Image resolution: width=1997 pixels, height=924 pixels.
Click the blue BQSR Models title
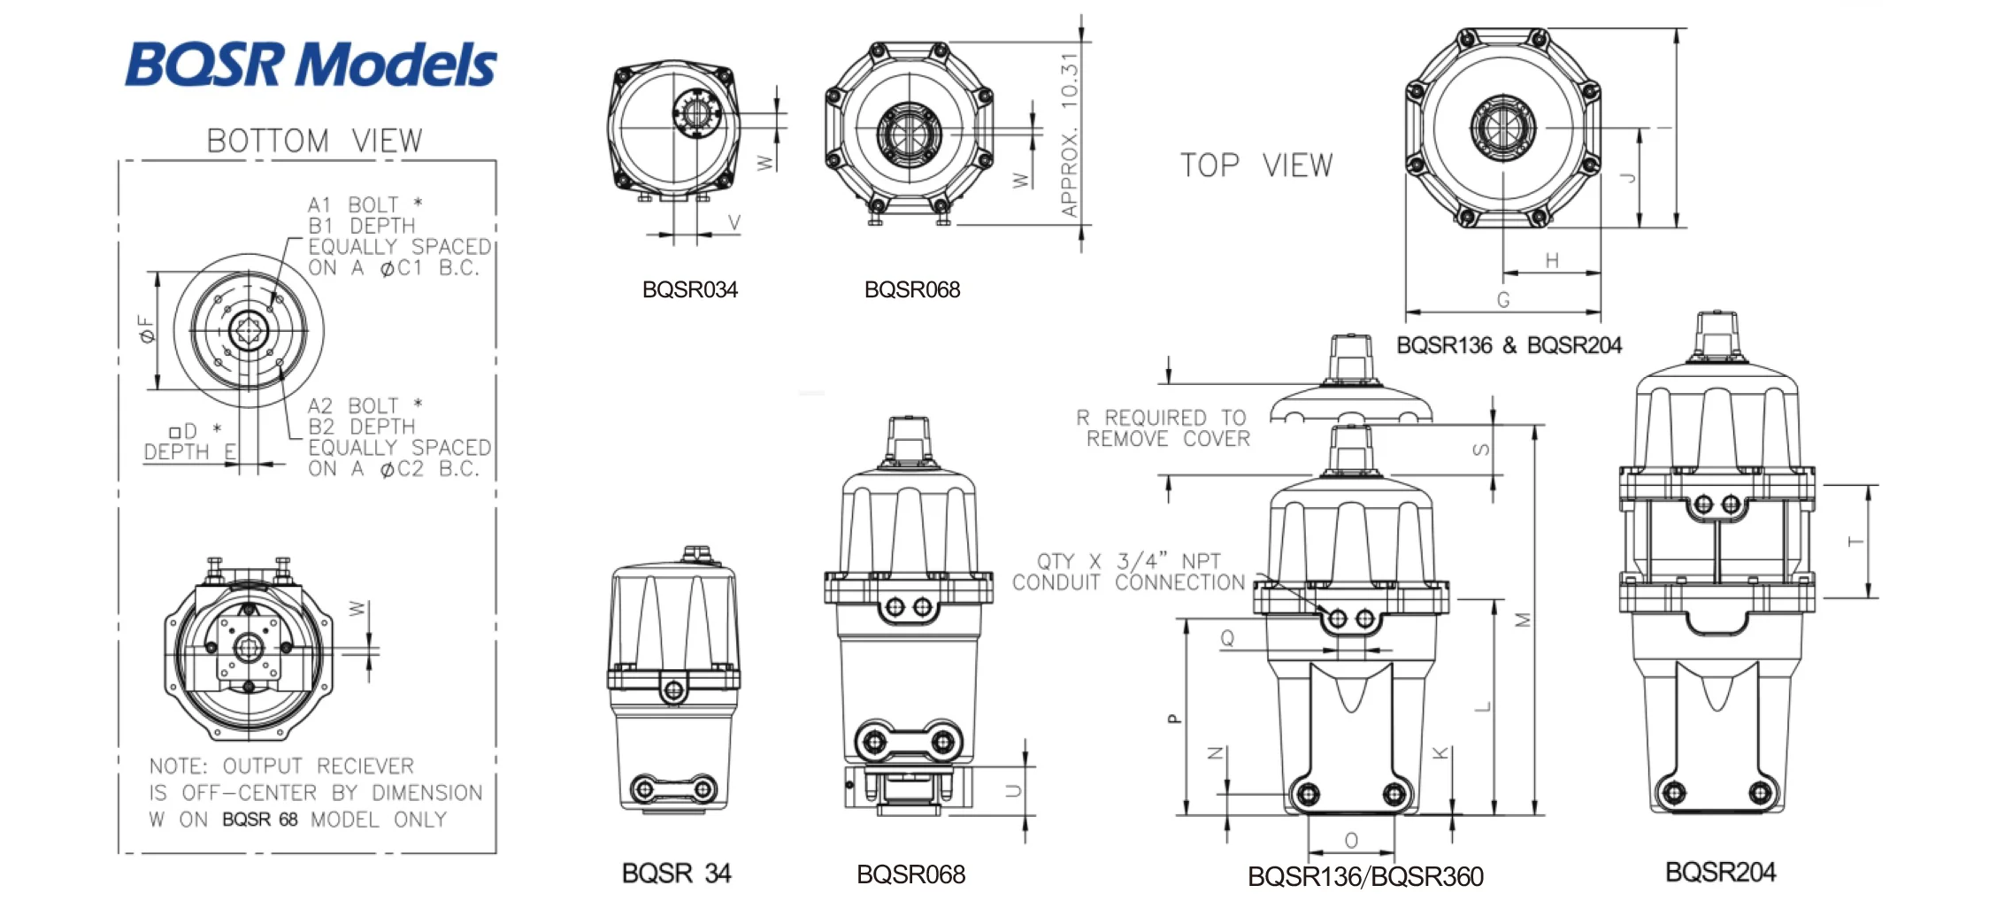coord(311,64)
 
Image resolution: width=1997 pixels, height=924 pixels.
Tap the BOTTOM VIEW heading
coord(314,141)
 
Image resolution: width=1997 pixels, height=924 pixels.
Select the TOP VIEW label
coord(1256,166)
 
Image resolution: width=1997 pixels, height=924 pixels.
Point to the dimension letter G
coord(1503,300)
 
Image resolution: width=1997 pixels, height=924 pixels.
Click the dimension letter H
coord(1552,260)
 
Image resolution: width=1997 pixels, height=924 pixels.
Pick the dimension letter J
coord(1627,177)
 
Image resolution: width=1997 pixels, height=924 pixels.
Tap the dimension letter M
coord(1523,620)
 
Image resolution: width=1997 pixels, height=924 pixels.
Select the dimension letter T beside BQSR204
coord(1855,542)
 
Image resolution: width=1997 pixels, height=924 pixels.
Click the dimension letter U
coord(1014,790)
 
